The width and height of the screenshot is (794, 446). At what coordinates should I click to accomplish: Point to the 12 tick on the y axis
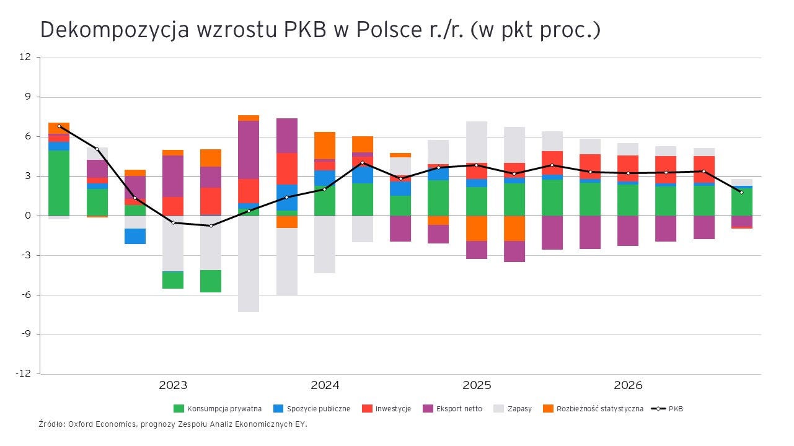click(25, 58)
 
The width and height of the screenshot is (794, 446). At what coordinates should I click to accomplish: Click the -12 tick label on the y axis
click(23, 374)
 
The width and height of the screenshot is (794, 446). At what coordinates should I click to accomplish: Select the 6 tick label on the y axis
click(27, 136)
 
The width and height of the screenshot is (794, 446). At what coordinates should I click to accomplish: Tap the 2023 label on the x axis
click(173, 385)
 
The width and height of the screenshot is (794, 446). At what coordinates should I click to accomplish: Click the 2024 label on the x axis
click(325, 385)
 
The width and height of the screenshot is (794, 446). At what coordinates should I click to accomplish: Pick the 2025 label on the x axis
click(477, 385)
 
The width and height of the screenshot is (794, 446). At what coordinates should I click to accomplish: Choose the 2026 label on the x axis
click(629, 385)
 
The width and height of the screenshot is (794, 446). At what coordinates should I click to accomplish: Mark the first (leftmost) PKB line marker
click(60, 126)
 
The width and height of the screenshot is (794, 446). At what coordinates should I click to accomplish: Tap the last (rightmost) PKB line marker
click(741, 192)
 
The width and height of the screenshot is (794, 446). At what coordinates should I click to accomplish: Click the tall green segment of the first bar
click(59, 183)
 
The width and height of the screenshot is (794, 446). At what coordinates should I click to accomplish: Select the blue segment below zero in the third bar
click(135, 236)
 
